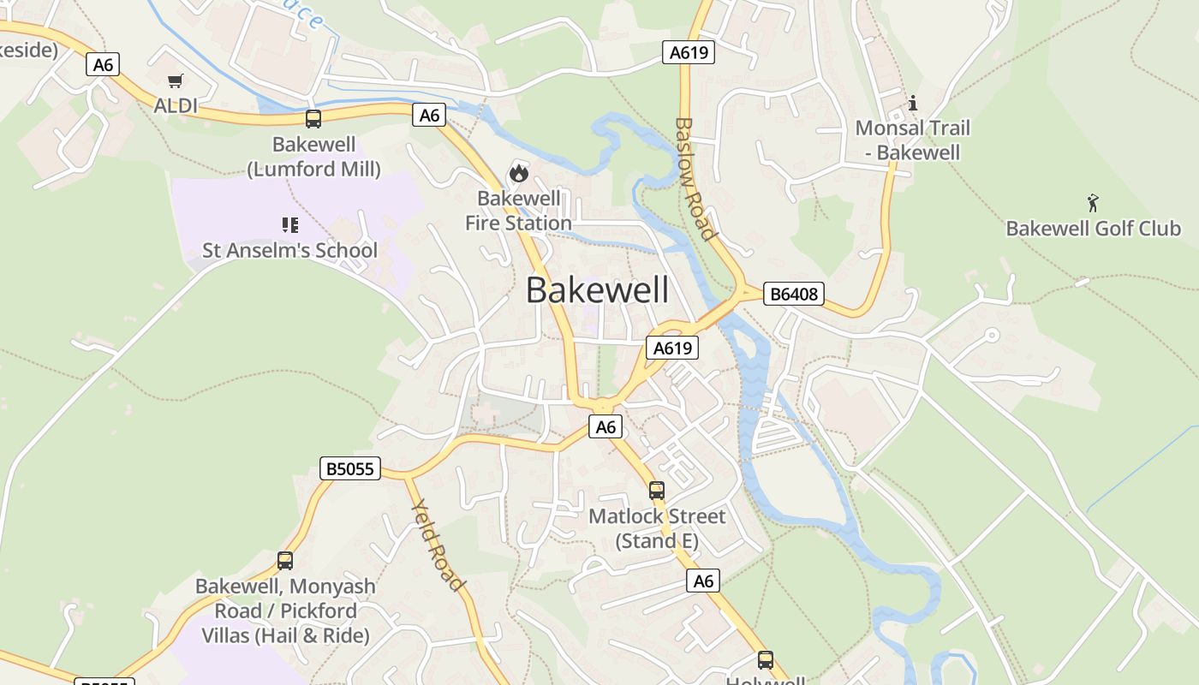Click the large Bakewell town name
[x=597, y=290]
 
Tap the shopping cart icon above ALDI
[x=176, y=81]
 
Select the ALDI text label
[x=176, y=105]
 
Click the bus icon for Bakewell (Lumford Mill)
[x=313, y=119]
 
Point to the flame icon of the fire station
[x=518, y=173]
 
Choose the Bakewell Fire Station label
[x=518, y=211]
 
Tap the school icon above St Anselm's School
[x=290, y=225]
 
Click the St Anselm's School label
[x=289, y=250]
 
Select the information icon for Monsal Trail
[x=913, y=104]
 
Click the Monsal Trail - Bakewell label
[x=913, y=140]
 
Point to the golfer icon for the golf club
[x=1093, y=203]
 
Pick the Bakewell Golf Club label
[x=1093, y=229]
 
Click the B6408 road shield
[x=793, y=294]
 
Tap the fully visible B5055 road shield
[x=350, y=468]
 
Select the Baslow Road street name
[x=695, y=179]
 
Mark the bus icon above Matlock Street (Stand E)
[x=657, y=491]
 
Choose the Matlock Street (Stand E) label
[x=657, y=528]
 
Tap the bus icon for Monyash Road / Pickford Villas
[x=285, y=561]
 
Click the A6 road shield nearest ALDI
[x=102, y=64]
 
